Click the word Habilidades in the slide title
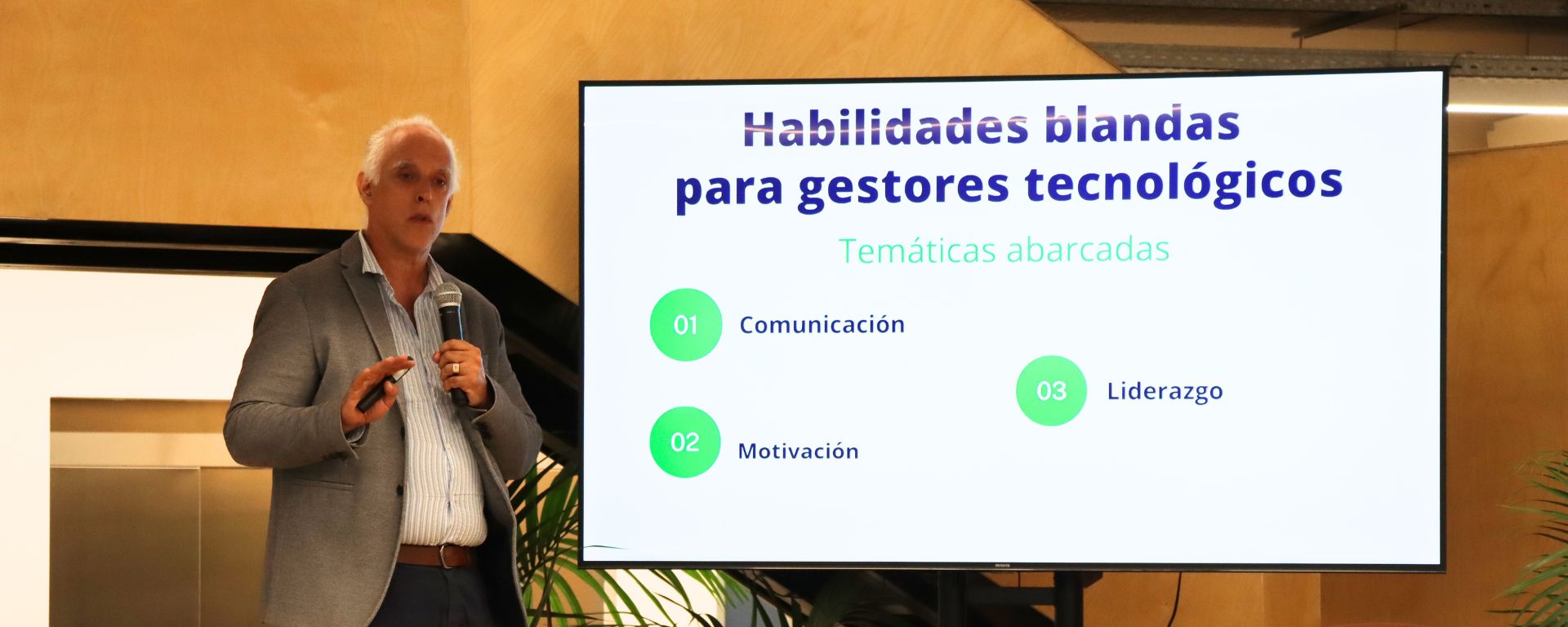(884, 129)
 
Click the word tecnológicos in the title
(1183, 183)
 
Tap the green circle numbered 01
(685, 325)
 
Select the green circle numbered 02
(684, 442)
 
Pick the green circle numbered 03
(1051, 391)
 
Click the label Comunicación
(822, 325)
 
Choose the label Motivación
(798, 451)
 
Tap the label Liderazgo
(1165, 392)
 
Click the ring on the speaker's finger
(455, 368)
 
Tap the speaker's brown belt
(435, 555)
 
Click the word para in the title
(728, 191)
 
